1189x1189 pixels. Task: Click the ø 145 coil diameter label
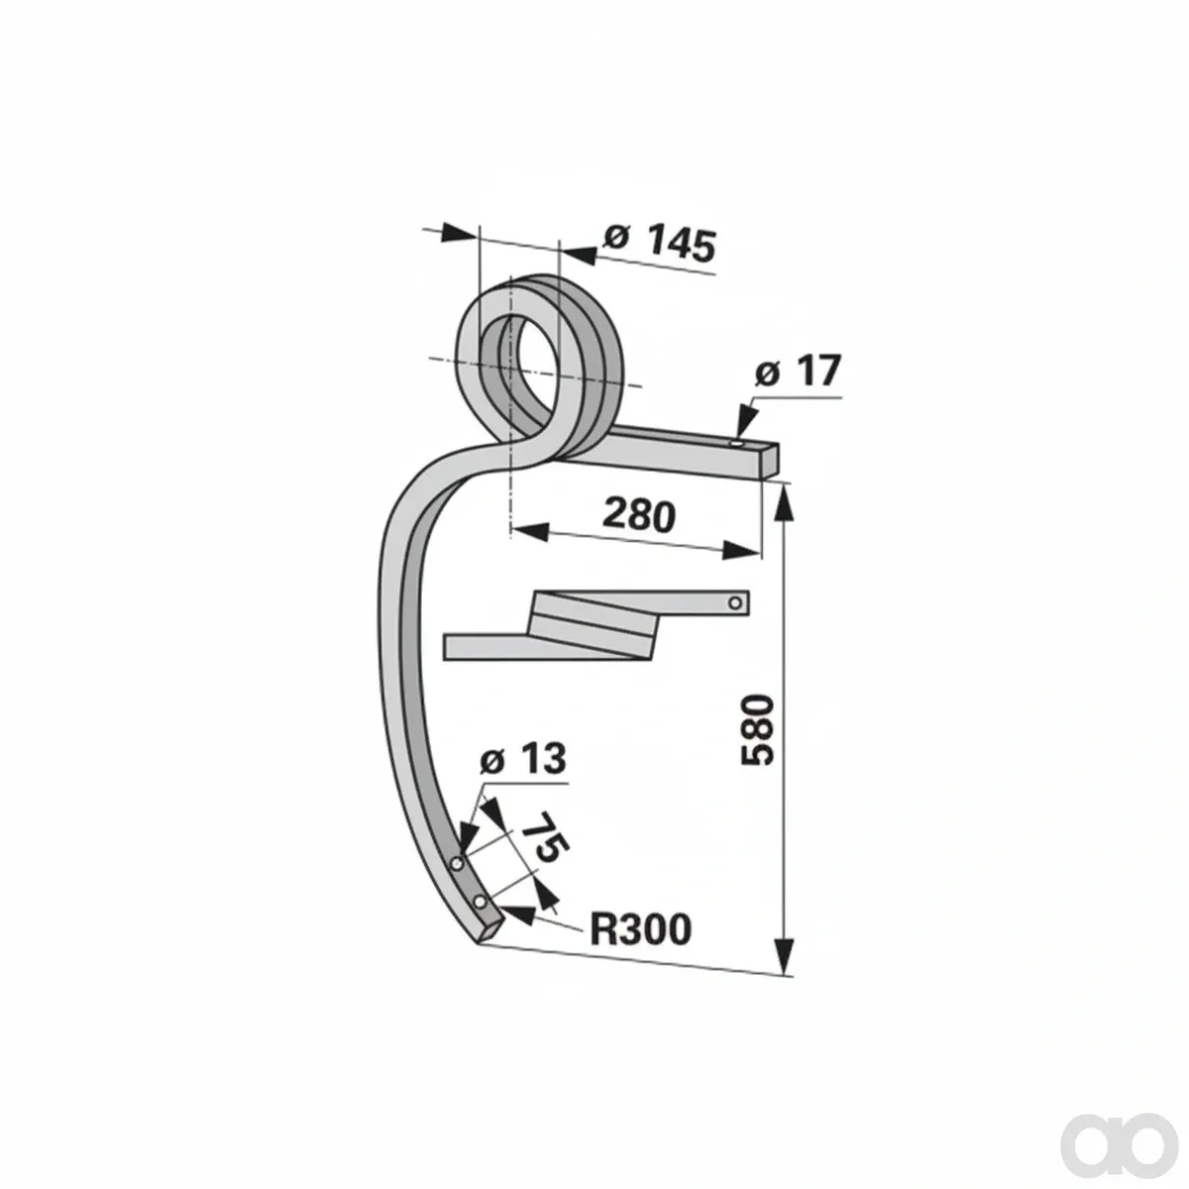660,243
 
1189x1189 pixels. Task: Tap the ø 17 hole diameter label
798,372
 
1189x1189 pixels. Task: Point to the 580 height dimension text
757,730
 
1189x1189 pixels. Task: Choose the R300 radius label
640,929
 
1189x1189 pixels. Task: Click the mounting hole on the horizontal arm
738,444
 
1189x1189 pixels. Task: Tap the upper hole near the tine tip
457,863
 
